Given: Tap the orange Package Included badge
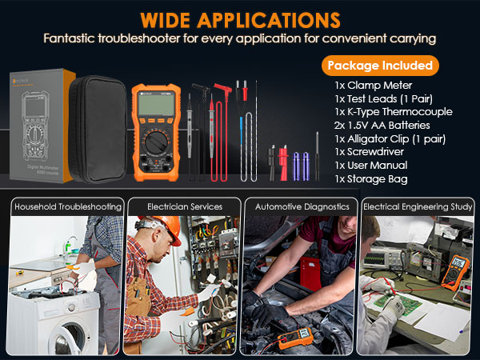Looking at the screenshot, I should [380, 65].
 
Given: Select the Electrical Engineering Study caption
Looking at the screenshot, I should [416, 206].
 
